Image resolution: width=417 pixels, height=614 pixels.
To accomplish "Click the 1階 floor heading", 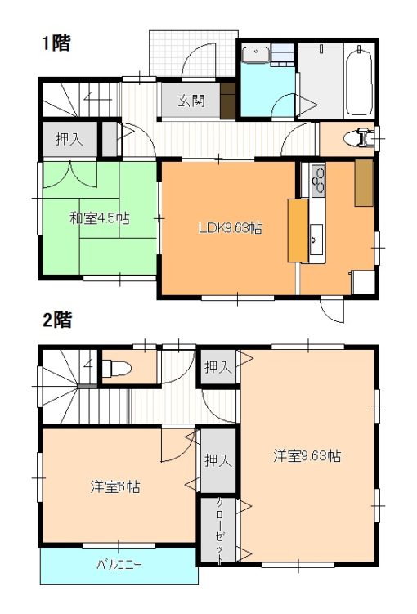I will pyautogui.click(x=56, y=44).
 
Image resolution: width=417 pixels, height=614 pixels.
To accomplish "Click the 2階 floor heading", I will pyautogui.click(x=56, y=320).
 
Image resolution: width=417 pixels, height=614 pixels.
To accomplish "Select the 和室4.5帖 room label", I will pyautogui.click(x=98, y=218).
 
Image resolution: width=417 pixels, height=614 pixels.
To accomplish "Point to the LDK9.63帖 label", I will pyautogui.click(x=231, y=228).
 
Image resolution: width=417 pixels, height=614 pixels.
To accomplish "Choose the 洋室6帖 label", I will pyautogui.click(x=114, y=487).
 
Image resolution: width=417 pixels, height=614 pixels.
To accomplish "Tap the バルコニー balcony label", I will pyautogui.click(x=119, y=565).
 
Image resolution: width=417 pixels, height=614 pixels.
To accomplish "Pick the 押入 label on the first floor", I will pyautogui.click(x=69, y=139).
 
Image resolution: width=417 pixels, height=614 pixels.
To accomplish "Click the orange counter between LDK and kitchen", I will pyautogui.click(x=297, y=230).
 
